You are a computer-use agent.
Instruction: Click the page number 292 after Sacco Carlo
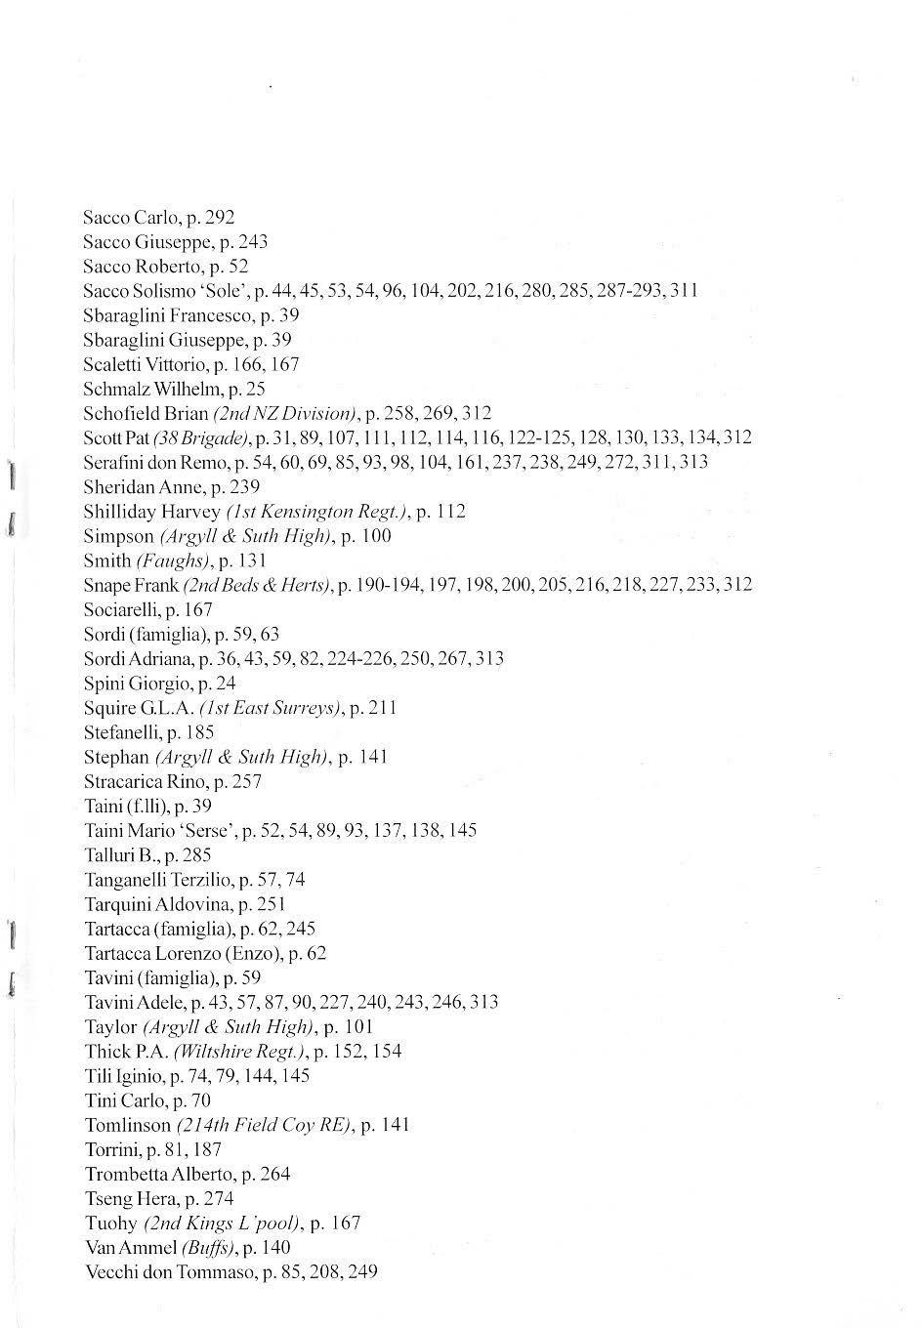point(221,217)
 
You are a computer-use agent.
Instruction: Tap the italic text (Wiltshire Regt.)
point(240,1051)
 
